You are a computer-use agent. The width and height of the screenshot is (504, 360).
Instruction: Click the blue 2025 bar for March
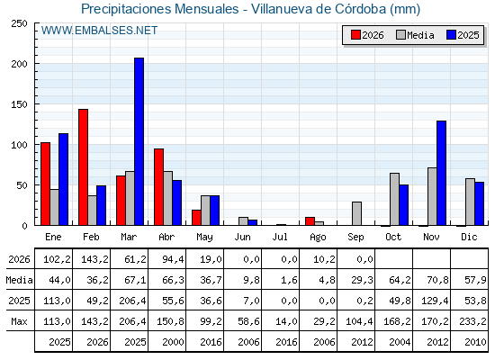tap(139, 141)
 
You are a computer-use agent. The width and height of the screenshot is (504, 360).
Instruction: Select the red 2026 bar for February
tap(83, 167)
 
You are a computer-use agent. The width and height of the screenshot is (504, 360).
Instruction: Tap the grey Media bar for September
tap(356, 213)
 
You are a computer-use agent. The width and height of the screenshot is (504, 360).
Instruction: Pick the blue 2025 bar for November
tap(442, 173)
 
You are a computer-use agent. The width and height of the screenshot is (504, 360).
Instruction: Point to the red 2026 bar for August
tap(310, 221)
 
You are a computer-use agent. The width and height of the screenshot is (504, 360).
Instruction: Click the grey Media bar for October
tap(395, 199)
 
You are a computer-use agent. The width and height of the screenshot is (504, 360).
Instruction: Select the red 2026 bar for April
tap(158, 187)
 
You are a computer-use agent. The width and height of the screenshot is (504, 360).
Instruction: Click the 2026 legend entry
tap(367, 35)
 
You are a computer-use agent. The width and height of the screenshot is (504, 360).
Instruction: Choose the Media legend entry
tap(415, 35)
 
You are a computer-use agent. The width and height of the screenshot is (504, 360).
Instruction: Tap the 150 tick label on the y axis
tap(20, 104)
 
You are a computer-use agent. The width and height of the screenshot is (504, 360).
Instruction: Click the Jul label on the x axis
tap(280, 237)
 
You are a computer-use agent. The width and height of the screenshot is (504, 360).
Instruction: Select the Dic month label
tap(469, 237)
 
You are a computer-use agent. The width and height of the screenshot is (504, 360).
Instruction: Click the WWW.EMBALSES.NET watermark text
tap(99, 31)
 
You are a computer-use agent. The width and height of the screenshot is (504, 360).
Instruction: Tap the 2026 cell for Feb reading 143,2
tap(94, 259)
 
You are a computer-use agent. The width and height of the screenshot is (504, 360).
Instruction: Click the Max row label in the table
tap(19, 321)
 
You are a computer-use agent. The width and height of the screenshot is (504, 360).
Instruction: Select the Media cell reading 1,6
tap(289, 280)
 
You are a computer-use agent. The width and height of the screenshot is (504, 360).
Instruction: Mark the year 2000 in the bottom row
tap(173, 342)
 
